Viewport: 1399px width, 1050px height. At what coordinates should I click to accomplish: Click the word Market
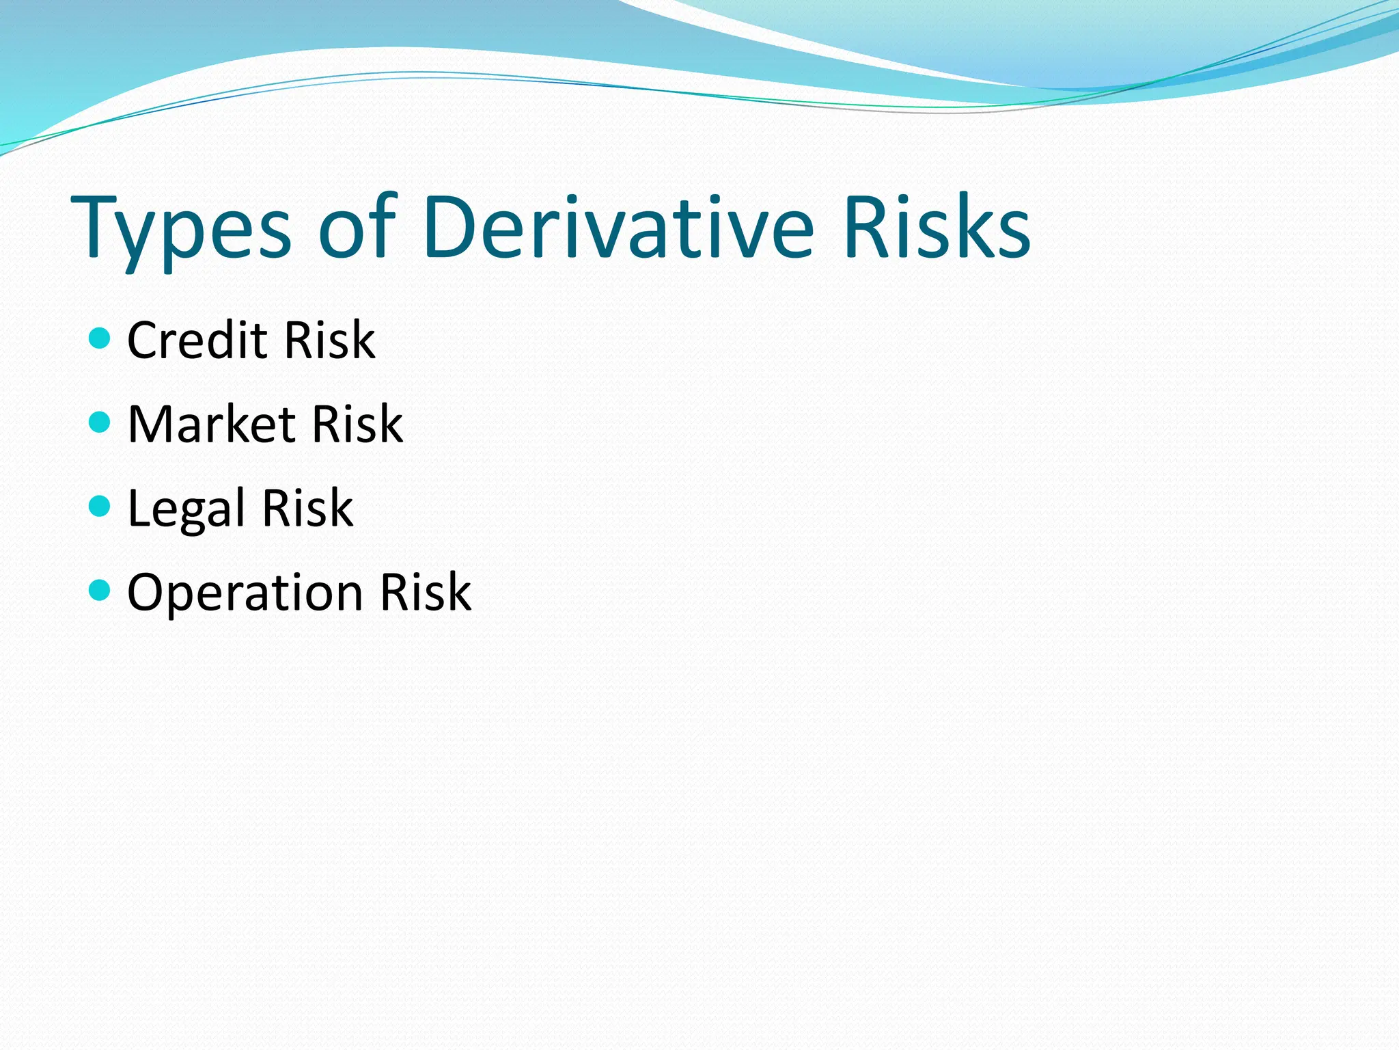click(211, 424)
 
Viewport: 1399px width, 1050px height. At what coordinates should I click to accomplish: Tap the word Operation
click(245, 592)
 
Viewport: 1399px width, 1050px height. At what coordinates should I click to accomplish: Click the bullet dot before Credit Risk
click(100, 338)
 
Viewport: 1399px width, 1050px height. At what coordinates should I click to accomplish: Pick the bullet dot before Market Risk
click(100, 422)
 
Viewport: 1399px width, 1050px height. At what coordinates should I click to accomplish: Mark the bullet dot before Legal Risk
click(100, 506)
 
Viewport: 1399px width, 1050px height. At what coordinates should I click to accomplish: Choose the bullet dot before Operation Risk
click(100, 589)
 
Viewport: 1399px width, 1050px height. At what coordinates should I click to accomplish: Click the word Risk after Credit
click(329, 340)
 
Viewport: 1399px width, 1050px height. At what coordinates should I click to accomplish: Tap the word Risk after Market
click(357, 424)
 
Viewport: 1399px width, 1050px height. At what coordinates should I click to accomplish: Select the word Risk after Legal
click(307, 508)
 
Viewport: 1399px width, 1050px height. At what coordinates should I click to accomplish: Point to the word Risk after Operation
click(425, 592)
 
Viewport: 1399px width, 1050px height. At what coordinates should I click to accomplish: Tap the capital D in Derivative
click(449, 227)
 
